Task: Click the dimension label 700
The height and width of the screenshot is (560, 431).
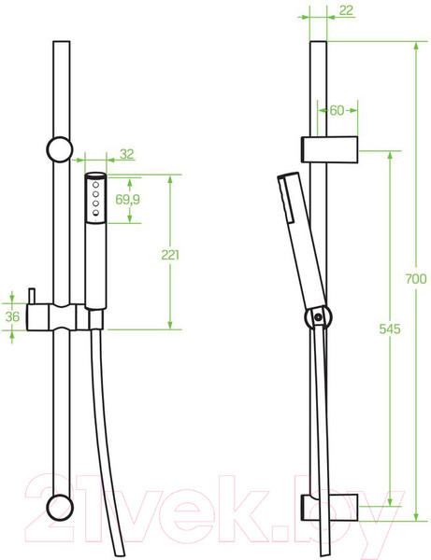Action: (x=416, y=278)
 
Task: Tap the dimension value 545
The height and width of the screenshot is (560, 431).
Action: (x=390, y=329)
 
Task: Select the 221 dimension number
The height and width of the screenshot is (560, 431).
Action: (x=170, y=255)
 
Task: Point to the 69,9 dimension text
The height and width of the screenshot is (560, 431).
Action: (x=127, y=200)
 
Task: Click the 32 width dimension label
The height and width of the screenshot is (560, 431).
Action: (x=127, y=154)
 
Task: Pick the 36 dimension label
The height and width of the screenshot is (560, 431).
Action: (x=12, y=316)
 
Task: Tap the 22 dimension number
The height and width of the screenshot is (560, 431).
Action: (x=346, y=10)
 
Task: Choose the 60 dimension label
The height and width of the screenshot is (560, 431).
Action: (x=337, y=110)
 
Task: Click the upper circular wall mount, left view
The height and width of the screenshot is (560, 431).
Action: (x=60, y=149)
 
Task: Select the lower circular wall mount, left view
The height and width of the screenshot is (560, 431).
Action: (x=60, y=508)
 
